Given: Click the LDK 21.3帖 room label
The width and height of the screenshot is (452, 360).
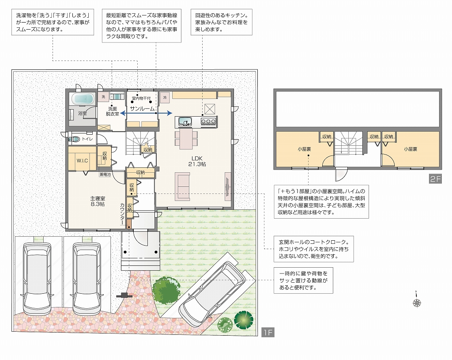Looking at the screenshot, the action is (197, 161).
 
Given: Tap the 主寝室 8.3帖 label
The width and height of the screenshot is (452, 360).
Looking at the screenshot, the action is (98, 201).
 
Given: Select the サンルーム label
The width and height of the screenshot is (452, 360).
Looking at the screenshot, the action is (142, 109).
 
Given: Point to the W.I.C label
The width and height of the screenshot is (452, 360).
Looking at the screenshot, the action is (82, 161).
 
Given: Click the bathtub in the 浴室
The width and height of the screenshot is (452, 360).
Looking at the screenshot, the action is (83, 99).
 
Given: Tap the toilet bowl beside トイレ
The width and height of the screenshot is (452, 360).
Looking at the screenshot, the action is (75, 139).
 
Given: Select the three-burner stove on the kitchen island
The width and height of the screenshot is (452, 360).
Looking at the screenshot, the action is (208, 121).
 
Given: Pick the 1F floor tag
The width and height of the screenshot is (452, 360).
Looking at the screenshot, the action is (268, 332).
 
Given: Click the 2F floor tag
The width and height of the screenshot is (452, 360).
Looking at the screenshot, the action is (435, 179).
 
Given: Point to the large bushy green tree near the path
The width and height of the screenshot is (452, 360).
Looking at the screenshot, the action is (166, 290).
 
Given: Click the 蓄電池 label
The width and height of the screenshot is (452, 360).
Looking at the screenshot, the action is (105, 174).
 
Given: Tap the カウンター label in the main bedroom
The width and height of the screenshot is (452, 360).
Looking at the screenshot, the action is (122, 214).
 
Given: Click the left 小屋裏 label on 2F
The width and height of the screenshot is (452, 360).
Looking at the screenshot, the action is (304, 149).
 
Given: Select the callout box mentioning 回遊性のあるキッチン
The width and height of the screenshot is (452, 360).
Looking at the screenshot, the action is (222, 22).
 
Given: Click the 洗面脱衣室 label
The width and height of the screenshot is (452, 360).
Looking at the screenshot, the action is (113, 111).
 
